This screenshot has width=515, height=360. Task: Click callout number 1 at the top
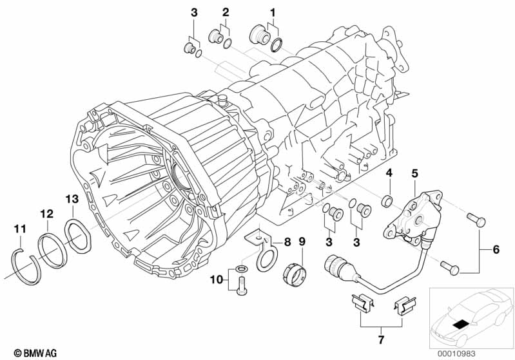pyautogui.click(x=272, y=13)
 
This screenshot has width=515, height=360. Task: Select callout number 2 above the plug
pyautogui.click(x=226, y=12)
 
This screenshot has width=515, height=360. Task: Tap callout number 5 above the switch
pyautogui.click(x=415, y=174)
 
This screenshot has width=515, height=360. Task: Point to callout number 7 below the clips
pyautogui.click(x=381, y=339)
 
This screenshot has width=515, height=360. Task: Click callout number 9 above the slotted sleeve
pyautogui.click(x=302, y=242)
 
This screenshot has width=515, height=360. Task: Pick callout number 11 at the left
pyautogui.click(x=20, y=229)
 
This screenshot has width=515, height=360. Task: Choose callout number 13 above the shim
pyautogui.click(x=72, y=199)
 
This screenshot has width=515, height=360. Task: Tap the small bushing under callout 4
pyautogui.click(x=387, y=200)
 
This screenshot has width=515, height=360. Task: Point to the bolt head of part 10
pyautogui.click(x=241, y=291)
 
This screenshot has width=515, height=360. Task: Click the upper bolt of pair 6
pyautogui.click(x=476, y=220)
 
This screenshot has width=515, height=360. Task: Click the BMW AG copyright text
pyautogui.click(x=35, y=353)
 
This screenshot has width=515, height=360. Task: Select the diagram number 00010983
pyautogui.click(x=456, y=354)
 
